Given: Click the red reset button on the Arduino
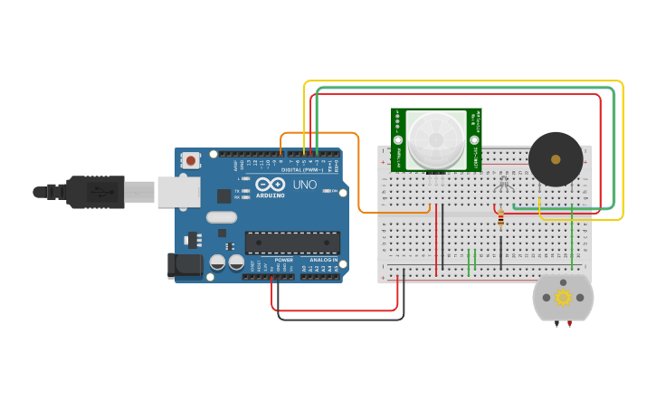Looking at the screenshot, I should (190, 161).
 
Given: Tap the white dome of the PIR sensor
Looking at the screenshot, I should (436, 139).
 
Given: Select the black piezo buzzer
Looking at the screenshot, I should (556, 159).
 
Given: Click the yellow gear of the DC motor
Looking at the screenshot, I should (563, 297).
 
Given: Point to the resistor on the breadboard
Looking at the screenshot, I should (500, 218).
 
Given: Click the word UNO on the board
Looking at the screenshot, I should (305, 185).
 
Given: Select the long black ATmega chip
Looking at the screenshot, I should (292, 243).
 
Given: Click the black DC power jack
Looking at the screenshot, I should (184, 265).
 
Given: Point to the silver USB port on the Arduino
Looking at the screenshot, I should (178, 192).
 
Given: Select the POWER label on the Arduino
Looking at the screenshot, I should (284, 260).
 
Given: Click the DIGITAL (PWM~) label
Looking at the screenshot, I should (302, 170).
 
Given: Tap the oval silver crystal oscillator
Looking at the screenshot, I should (222, 217).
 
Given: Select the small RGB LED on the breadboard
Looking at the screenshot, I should (505, 185).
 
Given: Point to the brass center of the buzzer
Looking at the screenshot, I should (556, 159).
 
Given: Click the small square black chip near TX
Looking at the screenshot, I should (223, 195).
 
